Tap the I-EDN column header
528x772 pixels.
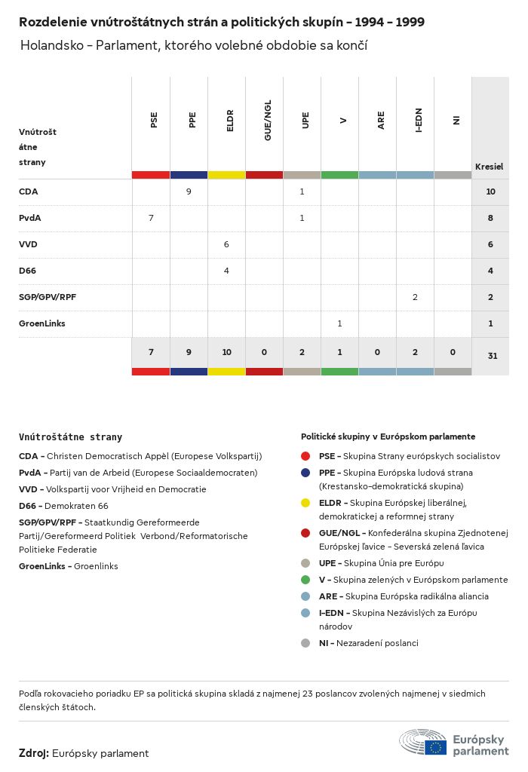click(x=419, y=121)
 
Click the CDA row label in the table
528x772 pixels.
click(x=28, y=191)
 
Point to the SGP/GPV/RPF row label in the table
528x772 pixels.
click(x=47, y=297)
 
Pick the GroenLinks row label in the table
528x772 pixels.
click(x=41, y=323)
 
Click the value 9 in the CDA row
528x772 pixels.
click(x=189, y=191)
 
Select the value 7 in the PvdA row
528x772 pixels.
click(x=151, y=218)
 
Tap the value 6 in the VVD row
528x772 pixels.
click(x=226, y=244)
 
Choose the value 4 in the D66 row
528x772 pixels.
click(x=226, y=271)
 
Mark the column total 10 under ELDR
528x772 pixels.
click(x=226, y=353)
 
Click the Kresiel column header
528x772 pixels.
click(x=489, y=167)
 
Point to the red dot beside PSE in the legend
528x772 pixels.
click(x=305, y=456)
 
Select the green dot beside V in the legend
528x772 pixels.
click(x=305, y=580)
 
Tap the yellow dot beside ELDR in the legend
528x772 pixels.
click(x=305, y=503)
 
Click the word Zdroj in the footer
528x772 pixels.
click(x=34, y=753)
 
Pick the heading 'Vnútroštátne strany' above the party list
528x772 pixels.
click(x=70, y=437)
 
